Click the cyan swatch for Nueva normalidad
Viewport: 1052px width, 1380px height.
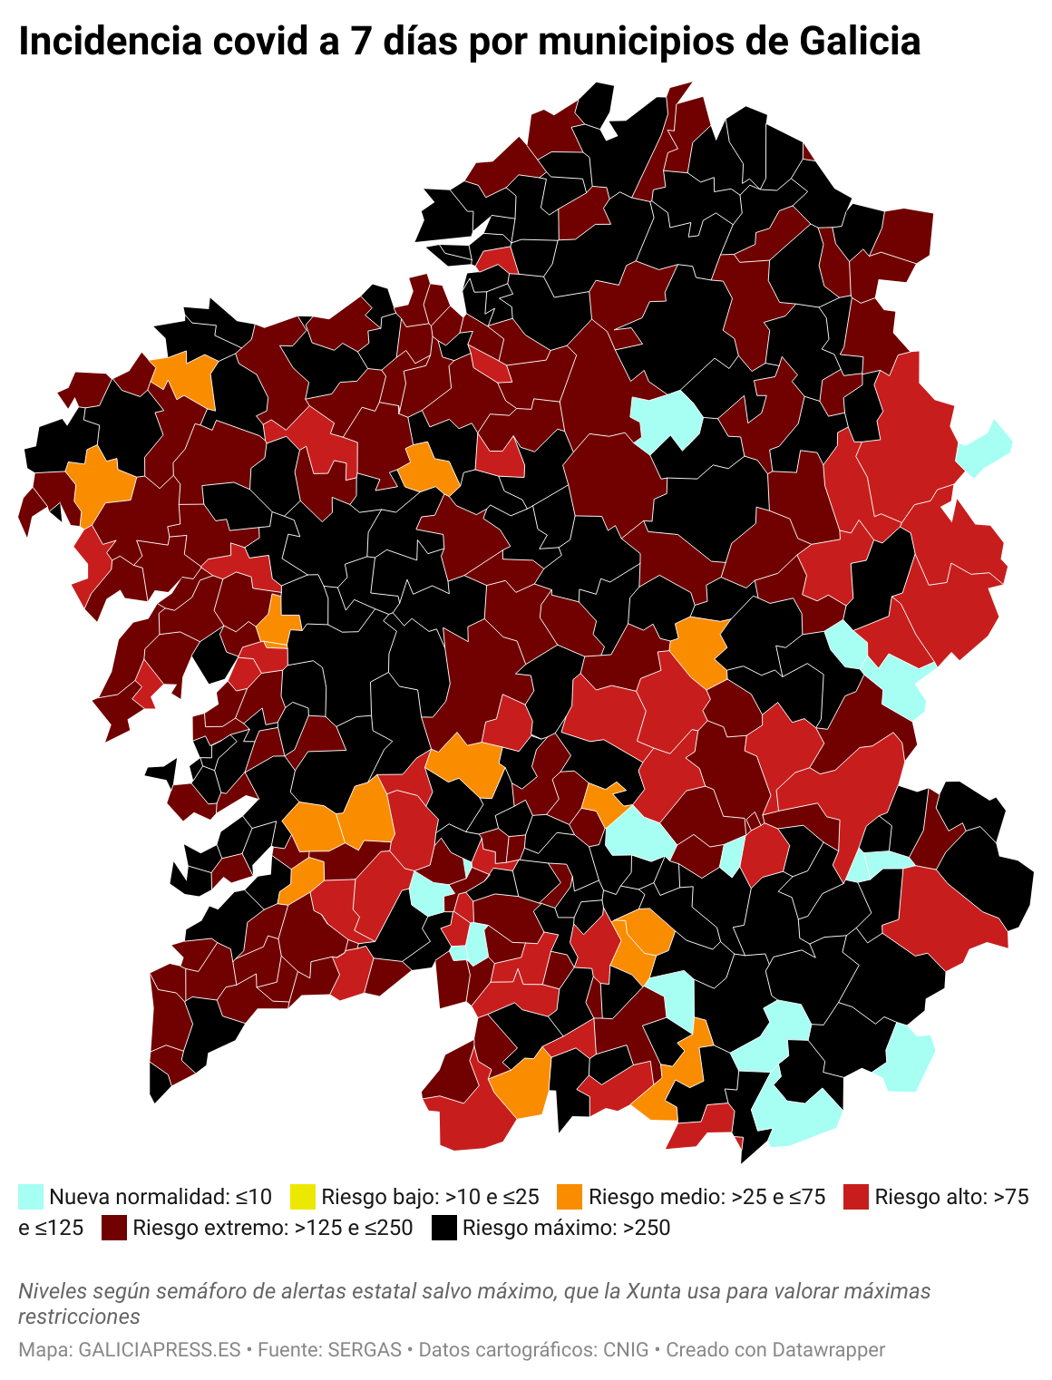pos(31,1197)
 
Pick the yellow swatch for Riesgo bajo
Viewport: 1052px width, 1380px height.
pos(303,1197)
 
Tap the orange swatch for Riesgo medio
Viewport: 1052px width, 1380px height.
pos(570,1197)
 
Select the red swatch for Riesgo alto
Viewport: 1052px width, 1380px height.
pos(856,1197)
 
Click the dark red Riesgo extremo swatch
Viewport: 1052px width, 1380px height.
pos(114,1228)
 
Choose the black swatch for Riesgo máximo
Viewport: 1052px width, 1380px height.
pos(443,1228)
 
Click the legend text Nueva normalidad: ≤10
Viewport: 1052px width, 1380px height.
pos(161,1197)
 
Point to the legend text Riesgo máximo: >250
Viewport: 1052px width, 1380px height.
pos(566,1228)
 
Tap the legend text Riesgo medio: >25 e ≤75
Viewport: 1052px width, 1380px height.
pos(706,1197)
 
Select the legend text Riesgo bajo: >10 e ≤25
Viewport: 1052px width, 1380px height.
pos(430,1197)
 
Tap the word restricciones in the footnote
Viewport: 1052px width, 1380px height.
pos(79,1317)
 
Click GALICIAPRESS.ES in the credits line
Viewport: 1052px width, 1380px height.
pos(160,1350)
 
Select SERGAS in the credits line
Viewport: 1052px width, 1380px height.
pos(365,1350)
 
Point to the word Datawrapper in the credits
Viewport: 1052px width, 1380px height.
pos(828,1350)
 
